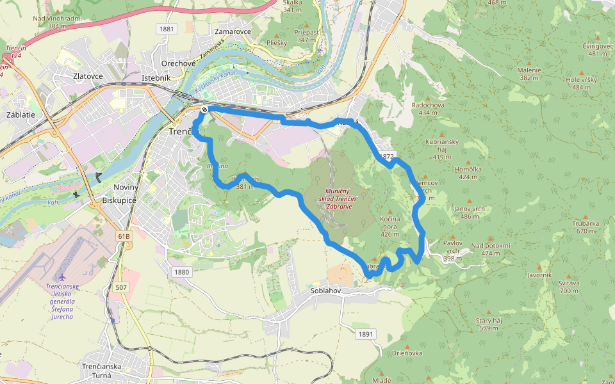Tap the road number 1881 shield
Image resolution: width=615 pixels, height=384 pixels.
(167, 29)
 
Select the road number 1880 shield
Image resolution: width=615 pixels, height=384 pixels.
(182, 272)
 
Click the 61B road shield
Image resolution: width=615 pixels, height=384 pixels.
(124, 236)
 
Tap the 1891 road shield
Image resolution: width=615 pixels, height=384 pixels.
(366, 334)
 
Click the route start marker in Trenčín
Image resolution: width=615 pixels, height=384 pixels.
(204, 109)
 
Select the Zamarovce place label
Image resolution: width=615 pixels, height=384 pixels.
(233, 31)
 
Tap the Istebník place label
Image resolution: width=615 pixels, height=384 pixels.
(156, 78)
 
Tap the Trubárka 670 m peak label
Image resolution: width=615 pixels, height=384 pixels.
(587, 227)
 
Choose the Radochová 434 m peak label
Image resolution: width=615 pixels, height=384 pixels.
(431, 108)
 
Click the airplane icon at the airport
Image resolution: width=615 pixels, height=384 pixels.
(61, 276)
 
